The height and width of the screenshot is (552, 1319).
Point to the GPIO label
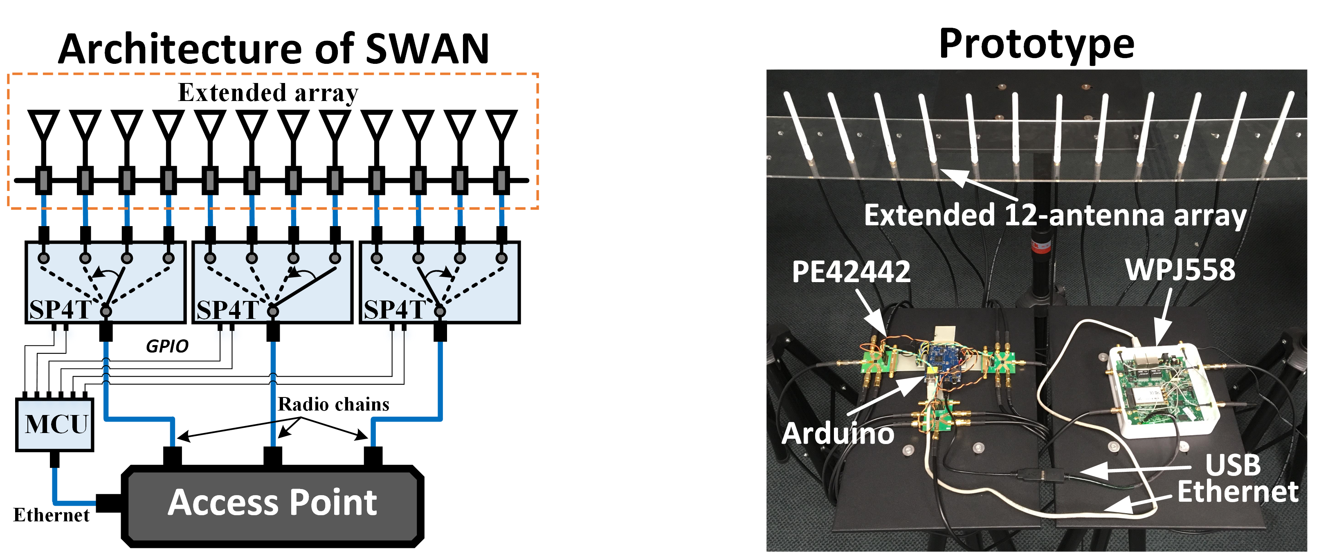(x=167, y=347)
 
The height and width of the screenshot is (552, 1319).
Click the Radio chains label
(x=333, y=404)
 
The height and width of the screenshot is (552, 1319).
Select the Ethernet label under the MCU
(x=51, y=515)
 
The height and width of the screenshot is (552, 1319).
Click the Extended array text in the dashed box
(x=268, y=93)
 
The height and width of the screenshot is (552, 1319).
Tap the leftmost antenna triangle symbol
(x=43, y=124)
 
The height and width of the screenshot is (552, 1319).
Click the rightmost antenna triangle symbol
(x=501, y=124)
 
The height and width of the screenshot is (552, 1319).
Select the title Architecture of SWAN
(x=274, y=49)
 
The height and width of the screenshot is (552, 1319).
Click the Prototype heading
(x=1037, y=45)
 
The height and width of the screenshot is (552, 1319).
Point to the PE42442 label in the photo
(x=851, y=272)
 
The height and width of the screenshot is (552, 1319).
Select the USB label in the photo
(x=1232, y=465)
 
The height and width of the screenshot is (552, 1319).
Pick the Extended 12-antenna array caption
(x=1055, y=215)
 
